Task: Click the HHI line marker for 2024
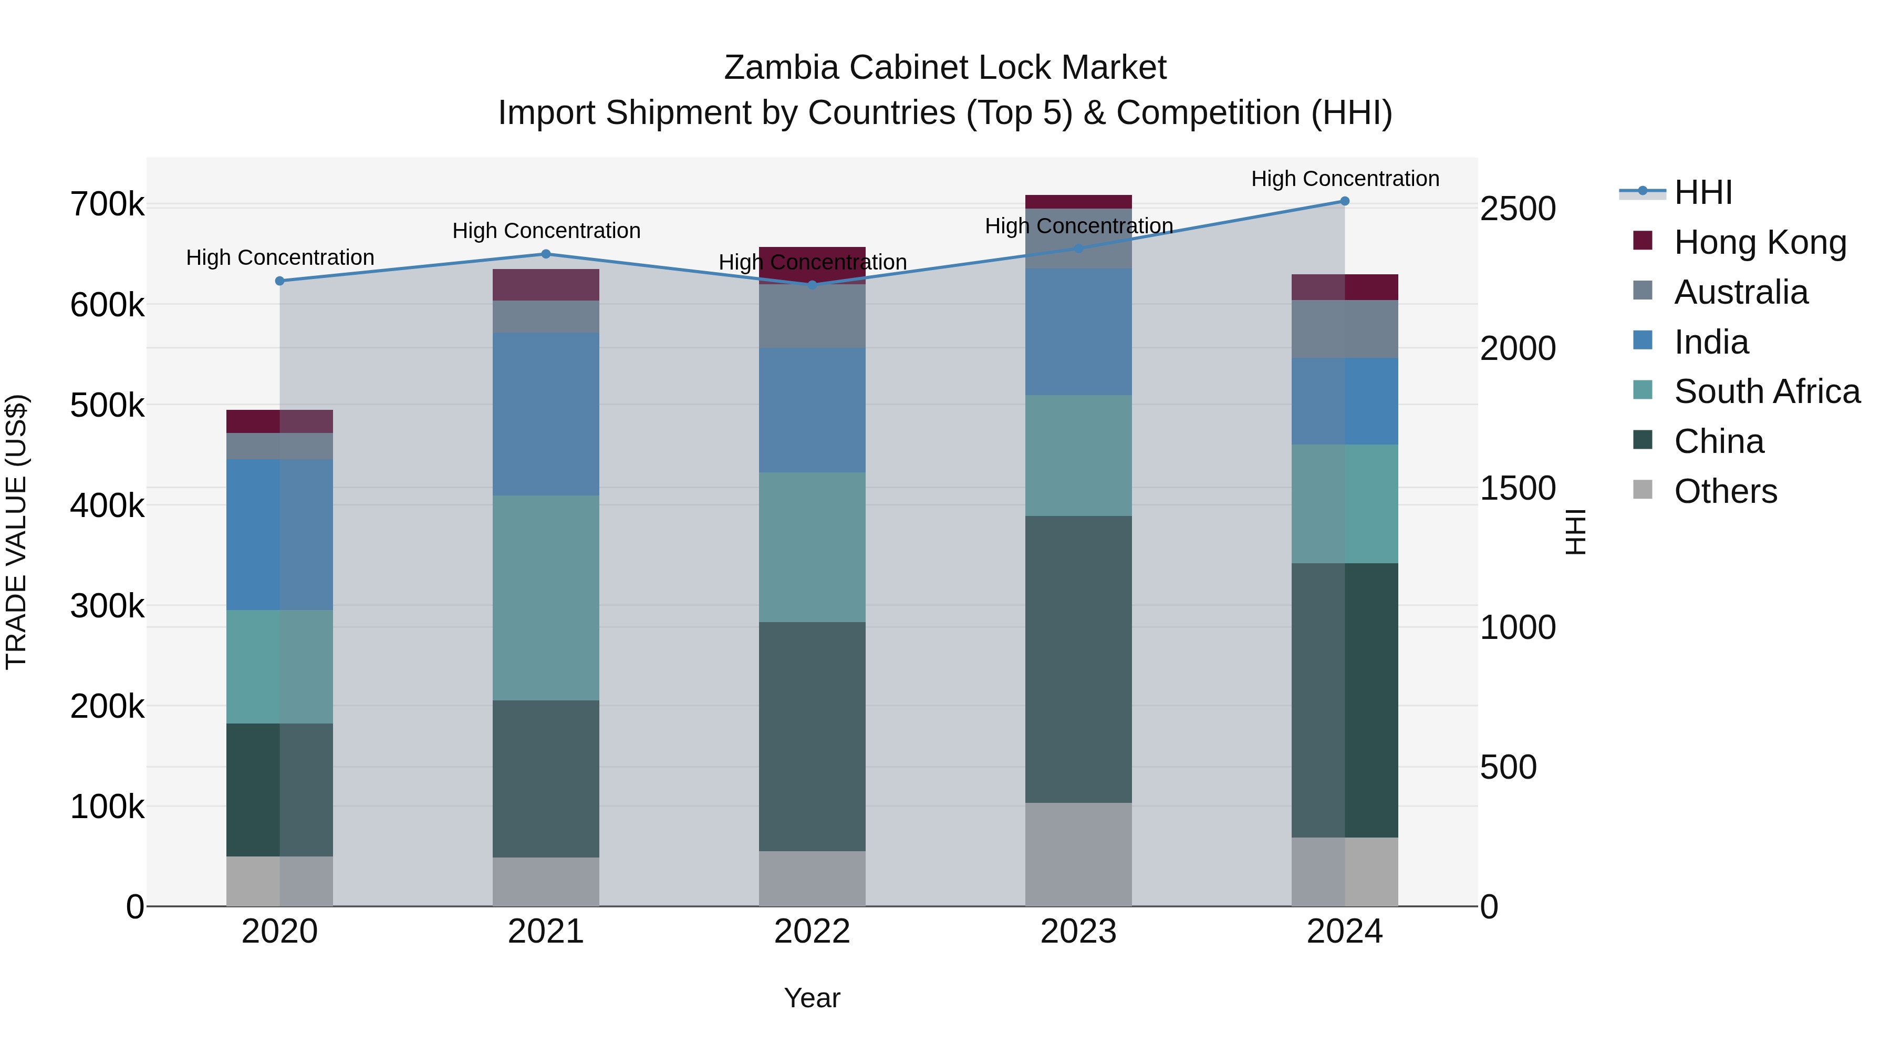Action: (1344, 201)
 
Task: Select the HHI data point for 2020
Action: (279, 281)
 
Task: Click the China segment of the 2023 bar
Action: (1078, 659)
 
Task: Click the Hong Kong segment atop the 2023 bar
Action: (1078, 202)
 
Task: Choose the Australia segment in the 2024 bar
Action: (1344, 329)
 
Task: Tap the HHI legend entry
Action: (1702, 192)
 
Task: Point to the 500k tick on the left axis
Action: (107, 405)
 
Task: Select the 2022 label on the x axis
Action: (812, 932)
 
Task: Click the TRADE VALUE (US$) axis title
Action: (16, 532)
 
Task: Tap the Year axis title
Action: (812, 998)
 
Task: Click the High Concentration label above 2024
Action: (1344, 179)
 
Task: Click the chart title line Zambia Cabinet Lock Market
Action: (945, 68)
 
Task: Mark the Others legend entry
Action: (1725, 491)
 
